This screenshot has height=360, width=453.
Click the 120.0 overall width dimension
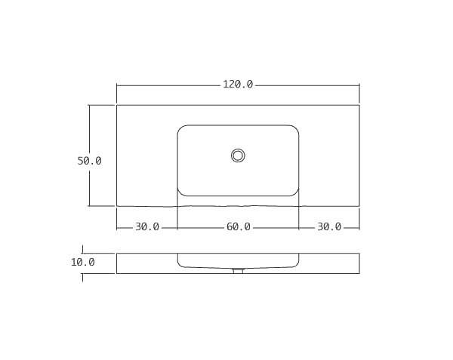pyautogui.click(x=238, y=85)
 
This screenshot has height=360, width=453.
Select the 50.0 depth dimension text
pyautogui.click(x=89, y=161)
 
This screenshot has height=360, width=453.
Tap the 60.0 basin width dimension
pyautogui.click(x=238, y=226)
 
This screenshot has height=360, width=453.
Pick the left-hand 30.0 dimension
pyautogui.click(x=147, y=226)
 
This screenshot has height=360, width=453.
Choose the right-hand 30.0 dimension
pyautogui.click(x=329, y=226)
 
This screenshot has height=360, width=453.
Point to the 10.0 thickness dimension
pyautogui.click(x=82, y=263)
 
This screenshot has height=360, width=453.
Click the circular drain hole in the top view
pyautogui.click(x=238, y=155)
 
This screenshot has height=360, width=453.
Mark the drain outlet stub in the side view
pyautogui.click(x=238, y=270)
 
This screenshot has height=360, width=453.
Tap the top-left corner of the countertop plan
pyautogui.click(x=116, y=105)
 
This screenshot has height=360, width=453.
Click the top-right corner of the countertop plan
pyautogui.click(x=359, y=105)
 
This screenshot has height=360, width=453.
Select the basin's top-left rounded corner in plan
pyautogui.click(x=181, y=129)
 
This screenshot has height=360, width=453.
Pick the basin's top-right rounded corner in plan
pyautogui.click(x=295, y=129)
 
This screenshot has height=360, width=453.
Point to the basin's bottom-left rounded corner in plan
pyautogui.click(x=181, y=192)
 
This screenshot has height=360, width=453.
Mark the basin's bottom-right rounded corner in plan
pyautogui.click(x=295, y=192)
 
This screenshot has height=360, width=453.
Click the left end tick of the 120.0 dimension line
pyautogui.click(x=116, y=85)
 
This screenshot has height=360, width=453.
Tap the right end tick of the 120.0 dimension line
pyautogui.click(x=359, y=85)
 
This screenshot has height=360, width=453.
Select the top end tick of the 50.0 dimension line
pyautogui.click(x=89, y=105)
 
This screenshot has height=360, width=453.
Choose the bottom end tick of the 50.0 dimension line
pyautogui.click(x=89, y=205)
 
